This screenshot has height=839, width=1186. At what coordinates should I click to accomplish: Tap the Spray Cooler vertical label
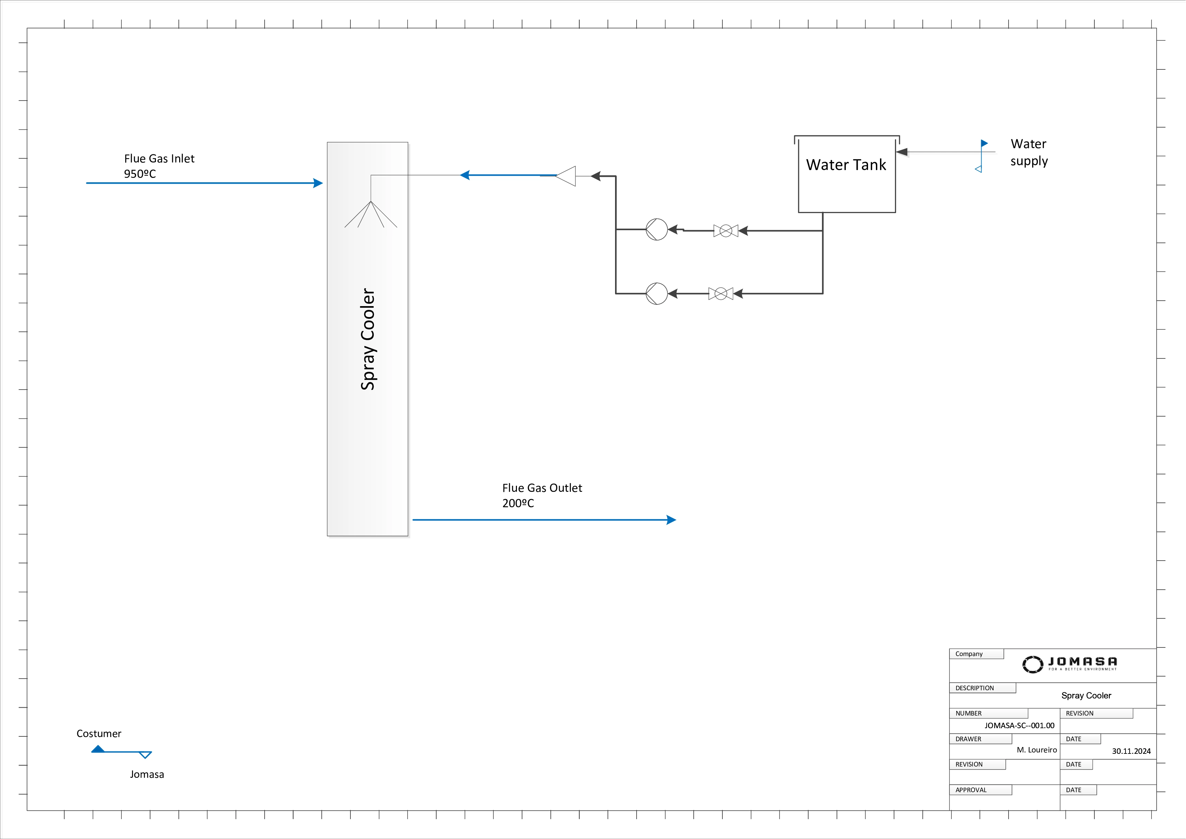click(x=368, y=339)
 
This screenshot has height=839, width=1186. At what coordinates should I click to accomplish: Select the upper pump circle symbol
click(x=656, y=230)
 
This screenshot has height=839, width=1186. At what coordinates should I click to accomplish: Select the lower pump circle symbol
click(x=656, y=293)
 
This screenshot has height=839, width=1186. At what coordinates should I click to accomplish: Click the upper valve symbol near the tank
click(x=726, y=231)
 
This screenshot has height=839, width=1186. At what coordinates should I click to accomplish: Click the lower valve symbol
click(x=721, y=293)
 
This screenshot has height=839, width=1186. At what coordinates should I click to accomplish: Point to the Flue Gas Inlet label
click(x=159, y=159)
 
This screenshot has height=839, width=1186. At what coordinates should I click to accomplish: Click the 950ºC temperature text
click(x=139, y=174)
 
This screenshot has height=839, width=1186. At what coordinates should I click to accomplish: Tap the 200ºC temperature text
click(x=518, y=503)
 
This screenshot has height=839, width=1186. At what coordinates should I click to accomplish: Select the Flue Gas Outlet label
click(x=542, y=488)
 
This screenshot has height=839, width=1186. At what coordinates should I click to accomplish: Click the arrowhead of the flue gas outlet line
click(x=671, y=520)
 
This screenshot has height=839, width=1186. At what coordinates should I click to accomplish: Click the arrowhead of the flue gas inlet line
click(x=318, y=183)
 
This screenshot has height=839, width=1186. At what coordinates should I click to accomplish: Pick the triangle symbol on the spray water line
click(x=567, y=176)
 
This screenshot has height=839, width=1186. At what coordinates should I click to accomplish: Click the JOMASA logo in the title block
click(x=1069, y=664)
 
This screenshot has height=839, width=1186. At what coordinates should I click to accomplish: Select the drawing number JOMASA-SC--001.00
click(x=1019, y=725)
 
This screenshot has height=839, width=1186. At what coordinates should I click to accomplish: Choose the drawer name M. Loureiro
click(x=1037, y=750)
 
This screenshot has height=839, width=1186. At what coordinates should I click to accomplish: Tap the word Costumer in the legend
click(x=99, y=734)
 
